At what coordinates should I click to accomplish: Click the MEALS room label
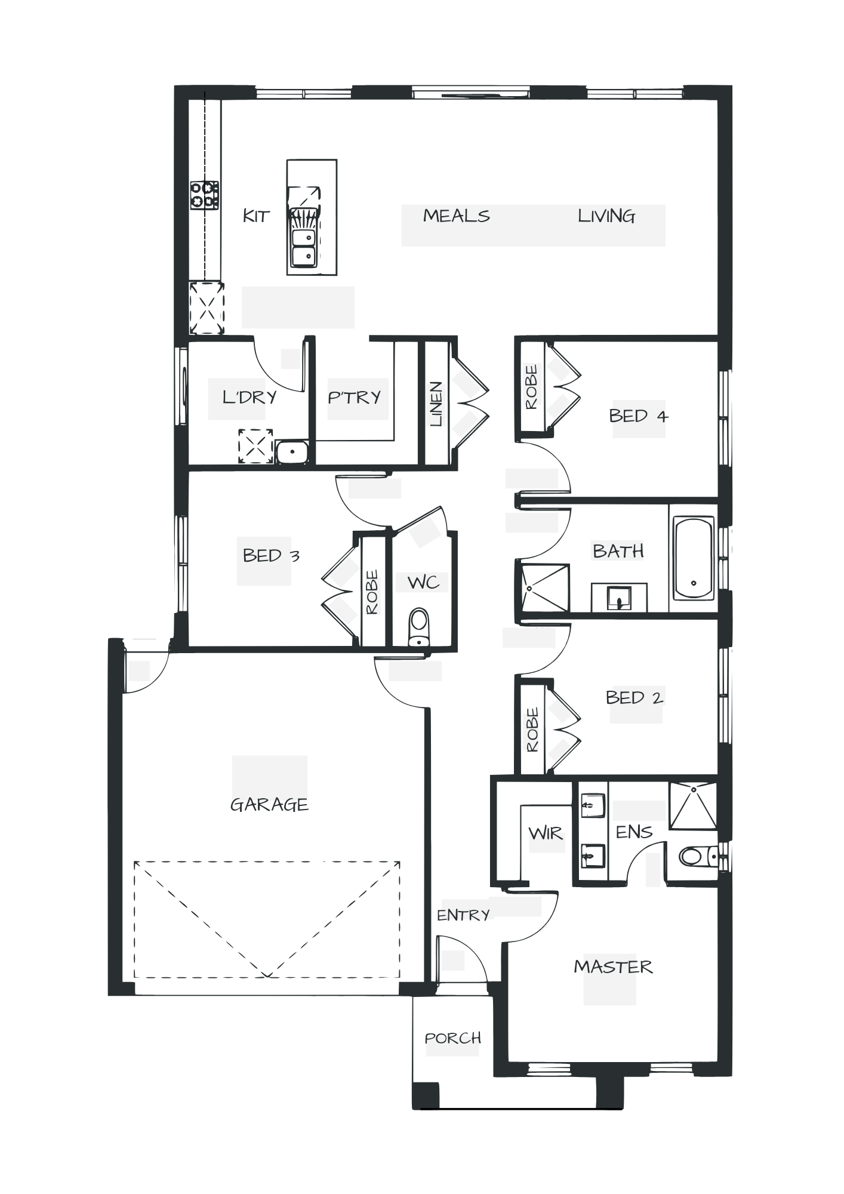[x=457, y=216]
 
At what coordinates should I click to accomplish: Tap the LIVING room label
[x=606, y=216]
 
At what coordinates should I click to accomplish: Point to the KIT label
[x=257, y=216]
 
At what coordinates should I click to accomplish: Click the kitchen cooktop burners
[x=204, y=195]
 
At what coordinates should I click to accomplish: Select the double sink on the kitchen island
[x=303, y=248]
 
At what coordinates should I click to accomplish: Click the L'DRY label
[x=249, y=397]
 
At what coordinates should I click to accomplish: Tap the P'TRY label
[x=355, y=397]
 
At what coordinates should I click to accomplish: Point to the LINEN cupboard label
[x=436, y=404]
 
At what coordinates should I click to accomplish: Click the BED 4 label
[x=638, y=416]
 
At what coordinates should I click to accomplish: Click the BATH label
[x=618, y=550]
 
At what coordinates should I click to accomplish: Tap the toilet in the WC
[x=419, y=627]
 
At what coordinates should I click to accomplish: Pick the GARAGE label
[x=269, y=805]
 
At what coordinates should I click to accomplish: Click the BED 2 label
[x=634, y=698]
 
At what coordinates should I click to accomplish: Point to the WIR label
[x=546, y=834]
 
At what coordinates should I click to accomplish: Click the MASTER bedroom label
[x=613, y=967]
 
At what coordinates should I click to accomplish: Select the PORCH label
[x=452, y=1039]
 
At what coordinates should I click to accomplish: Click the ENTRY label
[x=463, y=915]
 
